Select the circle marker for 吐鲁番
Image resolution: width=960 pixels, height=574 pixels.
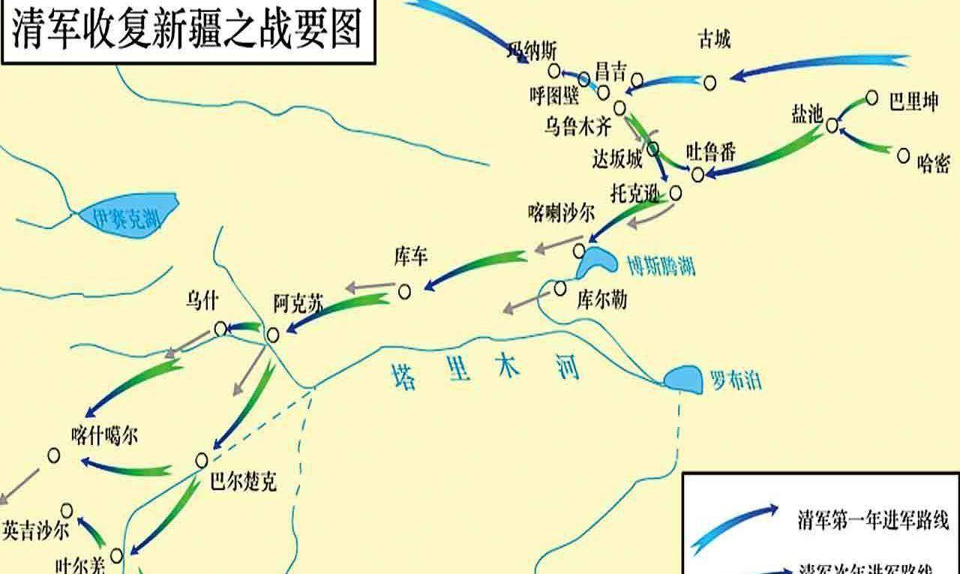click(x=698, y=175)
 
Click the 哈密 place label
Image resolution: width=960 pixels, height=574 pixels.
click(x=933, y=163)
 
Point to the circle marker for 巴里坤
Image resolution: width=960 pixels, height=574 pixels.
click(x=871, y=98)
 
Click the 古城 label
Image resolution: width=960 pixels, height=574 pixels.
click(x=713, y=39)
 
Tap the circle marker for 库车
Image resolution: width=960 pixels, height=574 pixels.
click(x=404, y=291)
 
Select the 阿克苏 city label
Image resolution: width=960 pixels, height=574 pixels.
click(x=298, y=304)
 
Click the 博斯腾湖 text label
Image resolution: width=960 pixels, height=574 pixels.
click(x=661, y=266)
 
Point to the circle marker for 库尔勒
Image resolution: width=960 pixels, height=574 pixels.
click(x=559, y=288)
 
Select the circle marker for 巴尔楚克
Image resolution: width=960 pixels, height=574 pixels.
click(x=202, y=460)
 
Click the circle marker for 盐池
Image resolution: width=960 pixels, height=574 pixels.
click(x=832, y=125)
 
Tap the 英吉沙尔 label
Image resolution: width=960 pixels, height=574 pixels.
click(x=35, y=530)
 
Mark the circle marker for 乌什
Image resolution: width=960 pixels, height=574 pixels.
click(x=220, y=329)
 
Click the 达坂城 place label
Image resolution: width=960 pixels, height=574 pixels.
click(x=617, y=160)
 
